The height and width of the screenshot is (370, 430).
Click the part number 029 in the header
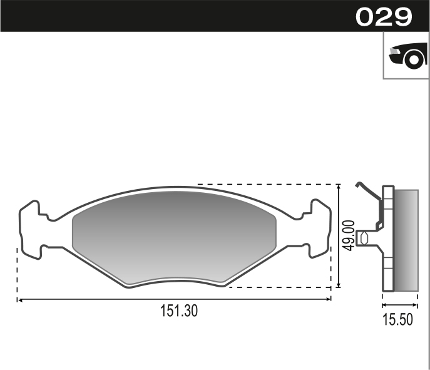384,17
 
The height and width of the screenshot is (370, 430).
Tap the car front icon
408,56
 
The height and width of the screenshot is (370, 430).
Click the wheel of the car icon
414,60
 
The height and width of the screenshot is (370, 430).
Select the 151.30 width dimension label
179,311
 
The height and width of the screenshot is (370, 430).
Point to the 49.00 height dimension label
349,235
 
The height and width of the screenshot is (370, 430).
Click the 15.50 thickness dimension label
397,319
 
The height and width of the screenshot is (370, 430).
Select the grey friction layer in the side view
406,240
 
